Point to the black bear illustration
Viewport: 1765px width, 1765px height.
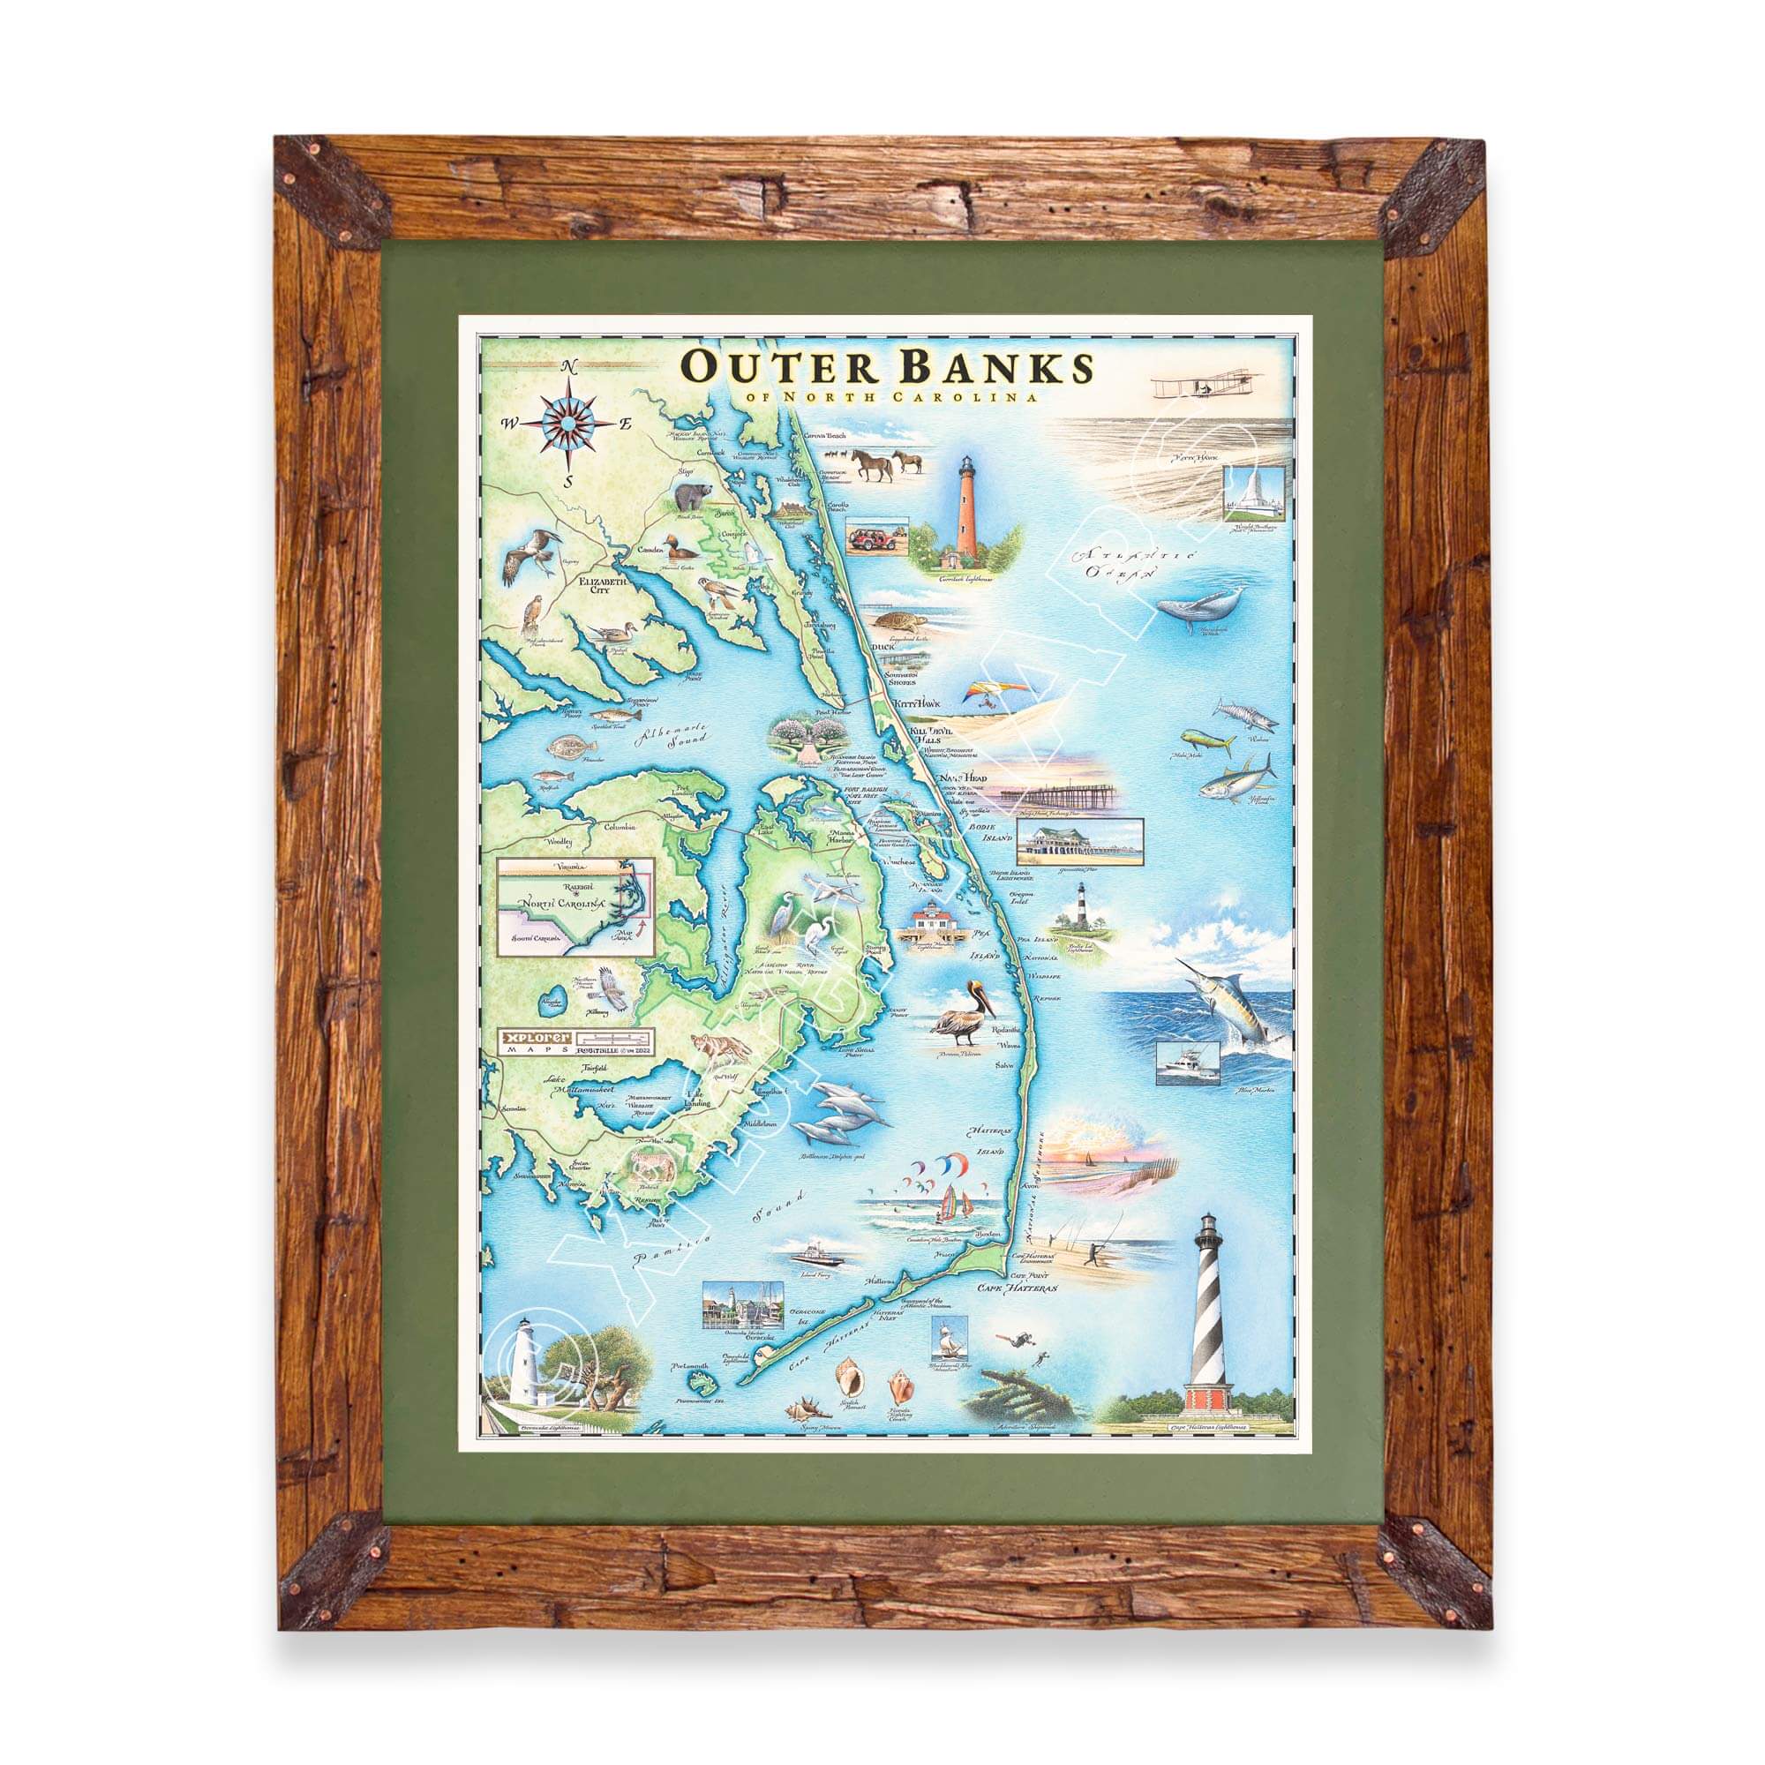693,499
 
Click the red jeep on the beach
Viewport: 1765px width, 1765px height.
872,538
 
